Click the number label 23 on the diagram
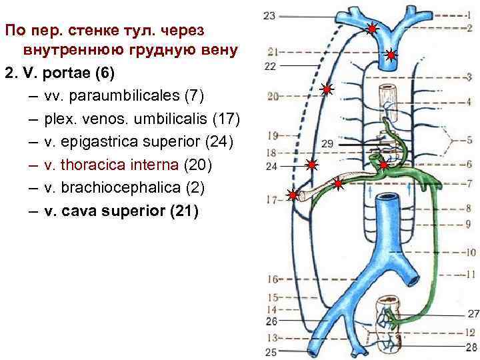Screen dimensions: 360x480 270,15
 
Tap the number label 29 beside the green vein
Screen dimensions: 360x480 327,144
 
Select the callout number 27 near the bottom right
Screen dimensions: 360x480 473,313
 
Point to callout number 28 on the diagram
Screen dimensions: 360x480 472,347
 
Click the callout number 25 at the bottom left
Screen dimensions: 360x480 271,351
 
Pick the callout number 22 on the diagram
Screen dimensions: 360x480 270,66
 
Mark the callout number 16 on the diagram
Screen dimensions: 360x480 272,279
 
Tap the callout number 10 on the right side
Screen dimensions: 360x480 469,253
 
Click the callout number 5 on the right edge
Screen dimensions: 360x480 469,140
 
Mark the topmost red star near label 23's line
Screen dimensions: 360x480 372,29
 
